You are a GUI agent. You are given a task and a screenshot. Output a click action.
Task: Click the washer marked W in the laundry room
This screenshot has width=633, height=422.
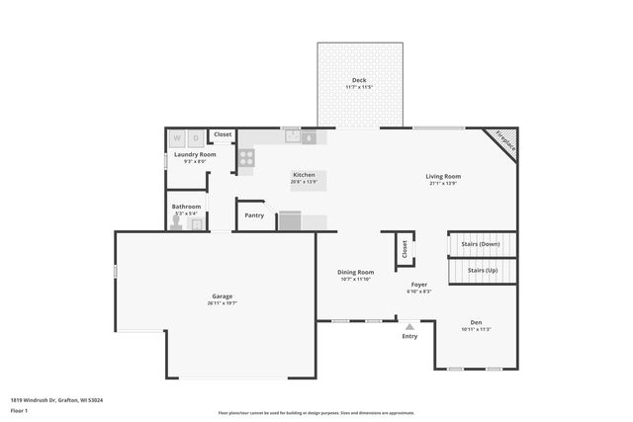[x=179, y=138]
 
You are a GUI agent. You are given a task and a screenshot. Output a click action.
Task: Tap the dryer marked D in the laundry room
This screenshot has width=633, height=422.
[x=196, y=138]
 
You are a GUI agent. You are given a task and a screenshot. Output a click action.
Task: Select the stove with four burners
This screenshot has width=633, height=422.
[x=245, y=156]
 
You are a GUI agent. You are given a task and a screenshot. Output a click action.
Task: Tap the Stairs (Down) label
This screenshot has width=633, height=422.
[x=483, y=243]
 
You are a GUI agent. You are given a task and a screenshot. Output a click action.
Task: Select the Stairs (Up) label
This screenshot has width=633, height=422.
[x=483, y=270]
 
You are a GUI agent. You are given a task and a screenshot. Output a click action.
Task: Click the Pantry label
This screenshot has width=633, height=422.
[x=254, y=215]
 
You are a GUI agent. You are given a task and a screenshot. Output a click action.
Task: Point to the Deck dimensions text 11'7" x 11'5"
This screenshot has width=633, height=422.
[x=359, y=87]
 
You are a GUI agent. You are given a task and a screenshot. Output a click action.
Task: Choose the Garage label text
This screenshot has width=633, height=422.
[x=222, y=296]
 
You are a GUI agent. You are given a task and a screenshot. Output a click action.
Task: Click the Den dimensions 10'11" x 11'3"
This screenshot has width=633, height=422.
[x=476, y=329]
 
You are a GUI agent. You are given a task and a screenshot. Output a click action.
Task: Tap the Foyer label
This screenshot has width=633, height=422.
[x=419, y=285]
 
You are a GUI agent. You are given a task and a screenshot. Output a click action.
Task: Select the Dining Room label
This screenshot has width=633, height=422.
[x=356, y=272]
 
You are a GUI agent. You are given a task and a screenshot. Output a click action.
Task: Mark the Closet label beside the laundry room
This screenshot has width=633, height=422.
[x=223, y=134]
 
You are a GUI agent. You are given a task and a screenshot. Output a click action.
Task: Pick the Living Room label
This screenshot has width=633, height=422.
[x=443, y=176]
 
